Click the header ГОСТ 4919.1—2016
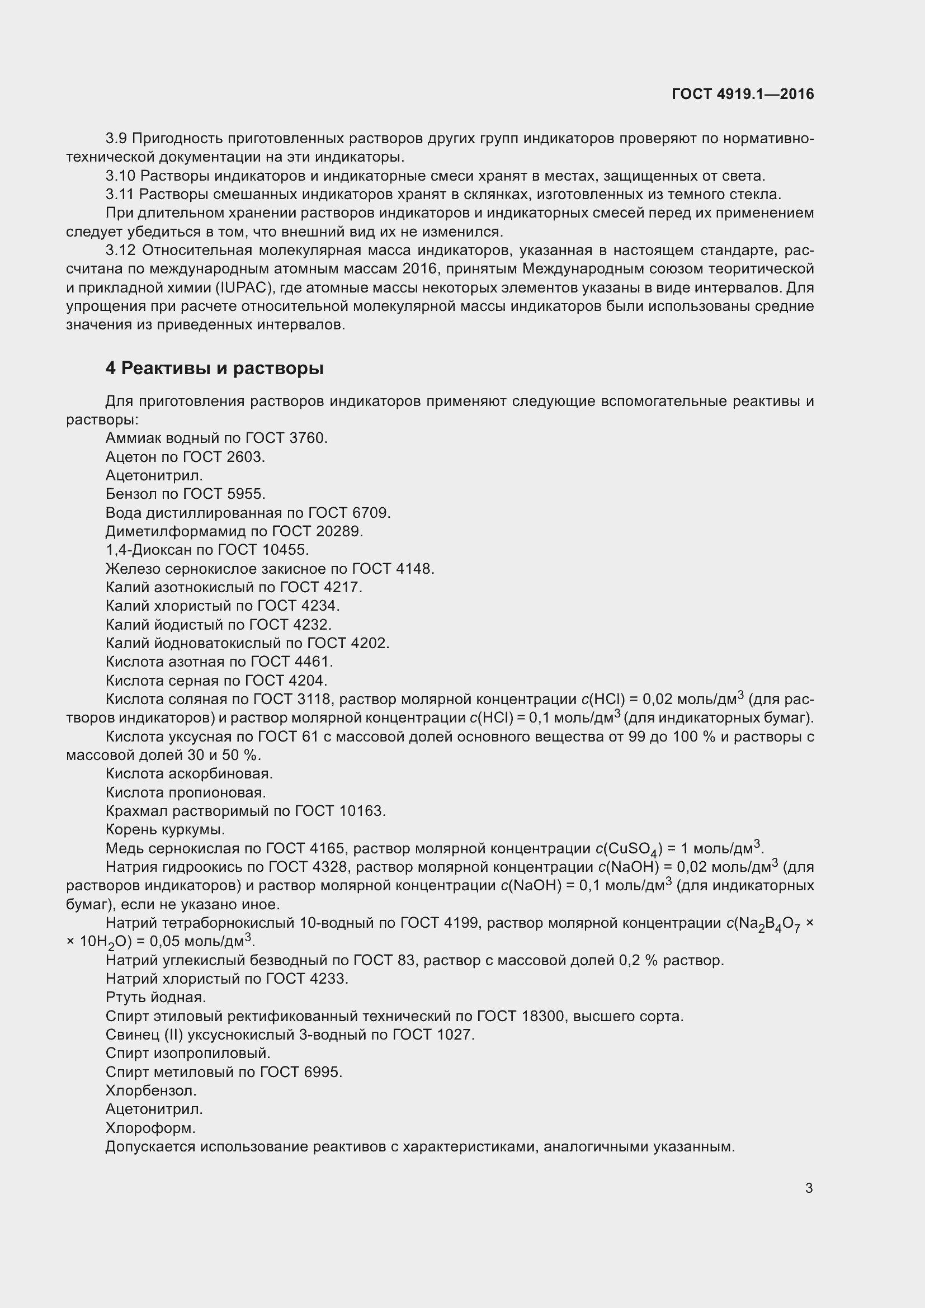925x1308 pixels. pos(742,94)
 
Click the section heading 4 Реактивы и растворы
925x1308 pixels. pos(214,369)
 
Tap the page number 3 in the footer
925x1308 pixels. pos(809,1188)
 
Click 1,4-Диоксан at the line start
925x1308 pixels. pos(143,550)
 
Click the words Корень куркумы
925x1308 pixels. pos(165,829)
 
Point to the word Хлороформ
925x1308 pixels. pos(150,1128)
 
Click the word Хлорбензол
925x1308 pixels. pos(151,1091)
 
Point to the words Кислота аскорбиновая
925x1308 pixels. pos(189,773)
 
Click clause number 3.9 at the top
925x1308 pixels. pos(116,139)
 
